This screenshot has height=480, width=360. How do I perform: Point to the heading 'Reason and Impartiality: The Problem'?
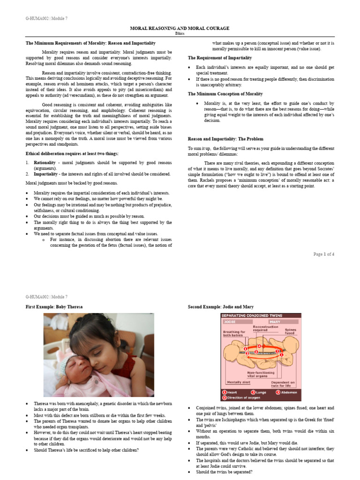pos(225,139)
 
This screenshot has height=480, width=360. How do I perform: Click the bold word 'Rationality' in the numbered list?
pos(45,162)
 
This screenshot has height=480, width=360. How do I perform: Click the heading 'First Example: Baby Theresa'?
pos(54,307)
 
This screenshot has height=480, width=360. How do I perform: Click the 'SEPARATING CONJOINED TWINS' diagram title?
pos(248,316)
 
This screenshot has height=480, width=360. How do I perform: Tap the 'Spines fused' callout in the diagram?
pos(291,332)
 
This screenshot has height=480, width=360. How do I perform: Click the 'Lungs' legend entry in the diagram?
pos(259,392)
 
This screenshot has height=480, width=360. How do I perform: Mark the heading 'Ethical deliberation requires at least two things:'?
pos(71,154)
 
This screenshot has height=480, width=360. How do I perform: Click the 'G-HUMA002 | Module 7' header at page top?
pos(46,18)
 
